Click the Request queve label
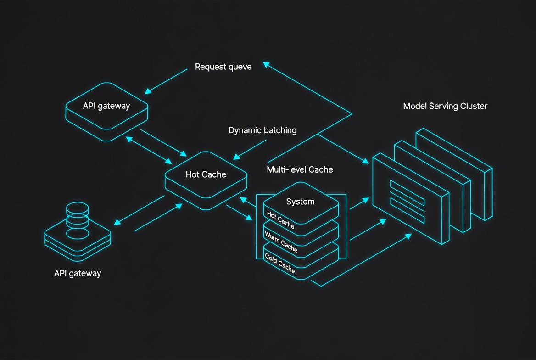tap(223, 67)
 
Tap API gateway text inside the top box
tap(106, 106)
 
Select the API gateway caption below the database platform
tap(78, 273)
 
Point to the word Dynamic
tap(244, 130)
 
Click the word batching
tap(279, 130)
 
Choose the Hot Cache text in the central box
tap(206, 174)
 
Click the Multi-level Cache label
tap(300, 169)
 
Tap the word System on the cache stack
tap(300, 202)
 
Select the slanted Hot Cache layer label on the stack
tap(280, 219)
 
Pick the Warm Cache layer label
tap(281, 242)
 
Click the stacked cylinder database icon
tap(78, 220)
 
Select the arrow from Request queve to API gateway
tap(166, 81)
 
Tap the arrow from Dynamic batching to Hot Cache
tap(250, 150)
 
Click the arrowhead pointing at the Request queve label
tap(266, 64)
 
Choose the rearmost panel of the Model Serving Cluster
tap(455, 174)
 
